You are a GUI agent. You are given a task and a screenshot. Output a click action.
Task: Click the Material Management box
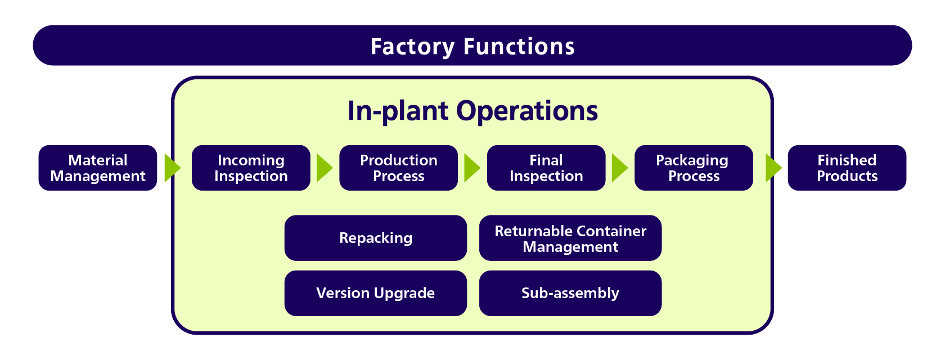98,168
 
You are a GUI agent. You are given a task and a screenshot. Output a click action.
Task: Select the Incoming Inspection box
251,168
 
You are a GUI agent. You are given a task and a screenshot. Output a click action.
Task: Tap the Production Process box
399,168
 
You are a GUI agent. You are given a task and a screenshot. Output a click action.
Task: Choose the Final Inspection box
546,168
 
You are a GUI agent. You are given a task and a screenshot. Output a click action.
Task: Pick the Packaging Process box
694,168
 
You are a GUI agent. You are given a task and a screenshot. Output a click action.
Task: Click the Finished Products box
847,168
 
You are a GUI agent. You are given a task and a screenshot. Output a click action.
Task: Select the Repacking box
376,238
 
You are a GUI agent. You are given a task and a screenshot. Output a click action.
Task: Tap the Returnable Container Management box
570,238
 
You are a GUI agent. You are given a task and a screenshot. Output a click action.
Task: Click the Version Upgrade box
376,293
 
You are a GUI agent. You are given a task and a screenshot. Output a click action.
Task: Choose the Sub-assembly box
570,293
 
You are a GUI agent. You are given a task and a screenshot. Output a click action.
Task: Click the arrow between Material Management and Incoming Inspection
172,168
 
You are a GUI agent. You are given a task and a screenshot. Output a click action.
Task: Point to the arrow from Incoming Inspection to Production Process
325,168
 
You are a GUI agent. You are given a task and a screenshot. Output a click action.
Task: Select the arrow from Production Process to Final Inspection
472,168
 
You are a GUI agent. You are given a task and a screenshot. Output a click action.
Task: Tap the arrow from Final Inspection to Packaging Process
620,168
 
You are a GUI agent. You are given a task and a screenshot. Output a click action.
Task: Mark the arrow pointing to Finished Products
774,168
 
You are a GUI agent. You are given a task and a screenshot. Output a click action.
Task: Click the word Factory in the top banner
413,47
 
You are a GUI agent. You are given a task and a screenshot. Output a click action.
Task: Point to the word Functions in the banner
519,47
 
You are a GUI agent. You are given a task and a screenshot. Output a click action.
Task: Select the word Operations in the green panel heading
527,111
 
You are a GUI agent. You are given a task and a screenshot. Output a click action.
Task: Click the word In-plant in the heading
398,111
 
